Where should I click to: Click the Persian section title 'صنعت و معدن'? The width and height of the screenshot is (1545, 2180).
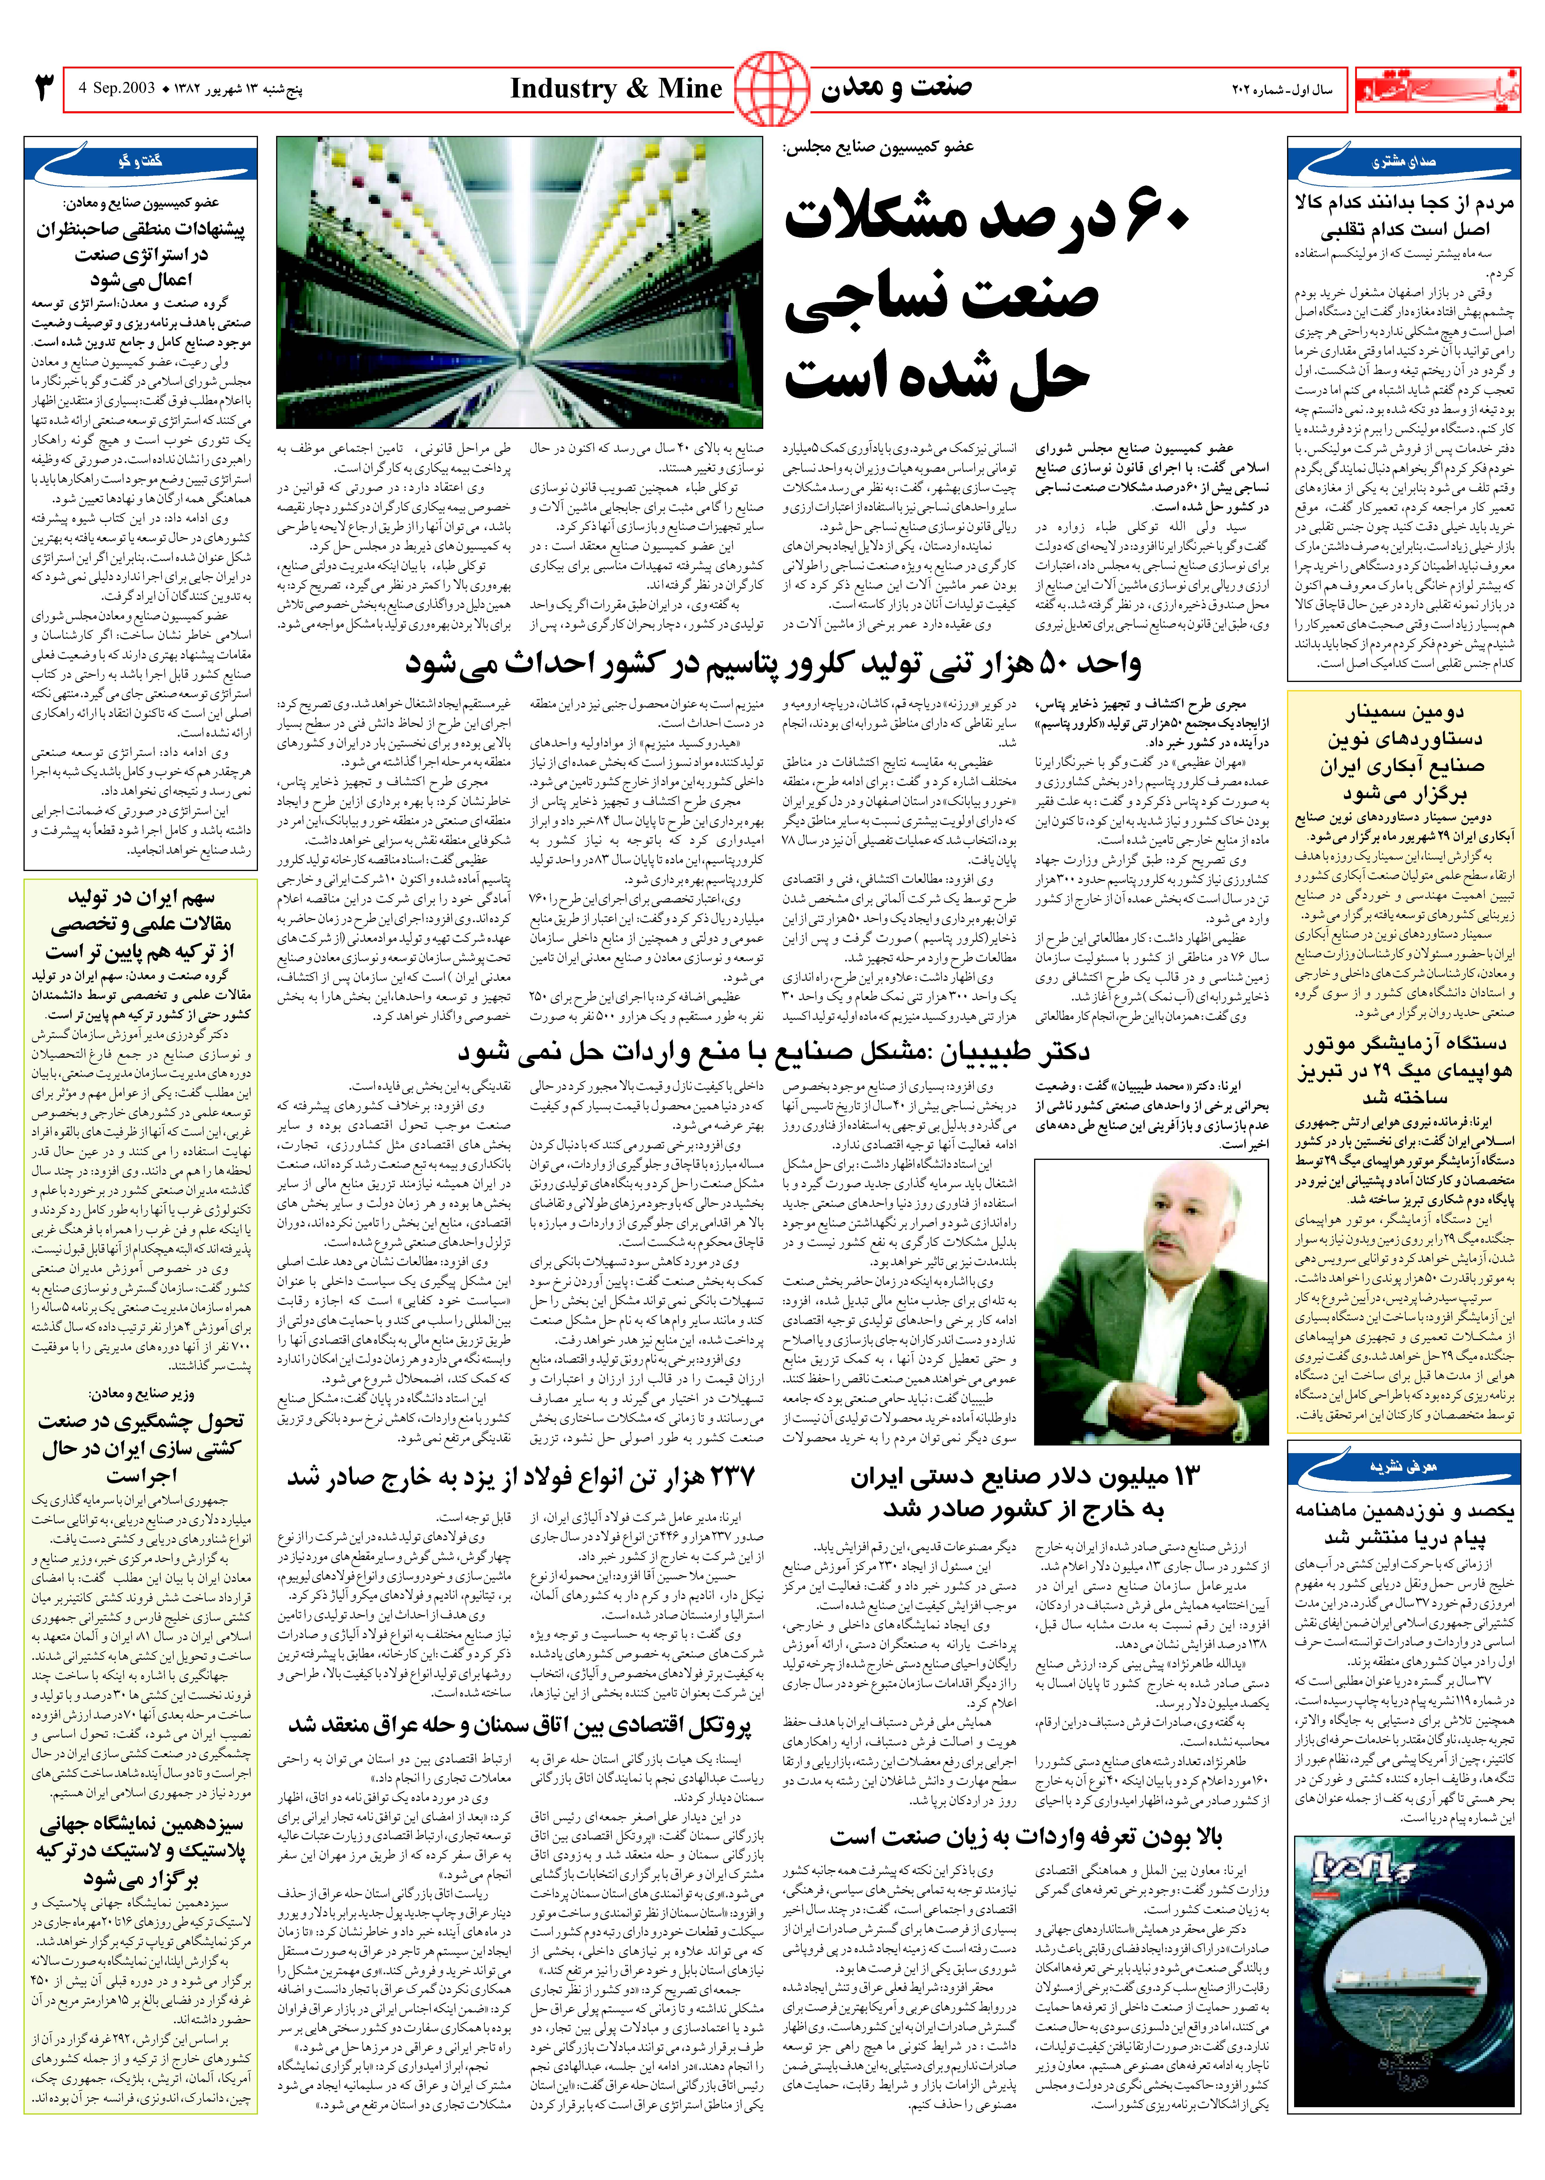(896, 88)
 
